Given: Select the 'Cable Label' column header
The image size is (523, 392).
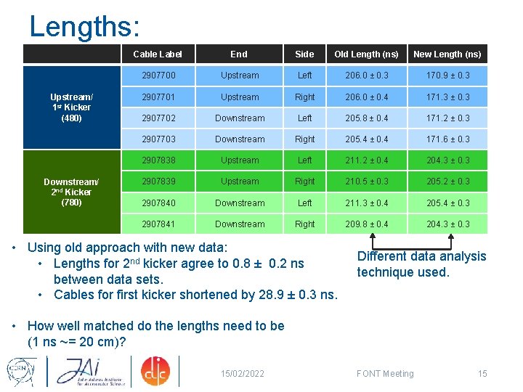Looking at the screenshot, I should tap(158, 54).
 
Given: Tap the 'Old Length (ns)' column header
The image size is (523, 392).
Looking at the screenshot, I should tap(366, 54).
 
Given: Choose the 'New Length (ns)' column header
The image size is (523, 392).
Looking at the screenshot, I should tap(447, 54).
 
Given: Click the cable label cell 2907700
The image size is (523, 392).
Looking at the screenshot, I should tap(158, 75).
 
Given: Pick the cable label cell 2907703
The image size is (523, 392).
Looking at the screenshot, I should tap(158, 139).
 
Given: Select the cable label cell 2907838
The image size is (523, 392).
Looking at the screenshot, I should tap(158, 160).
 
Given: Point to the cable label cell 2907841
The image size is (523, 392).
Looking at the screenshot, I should tap(158, 224).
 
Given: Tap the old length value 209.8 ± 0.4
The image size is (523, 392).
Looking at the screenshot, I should tap(366, 224).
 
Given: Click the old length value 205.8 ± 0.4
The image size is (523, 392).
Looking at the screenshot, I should tap(366, 118).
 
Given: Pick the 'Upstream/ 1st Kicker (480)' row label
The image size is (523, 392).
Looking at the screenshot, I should tap(71, 107).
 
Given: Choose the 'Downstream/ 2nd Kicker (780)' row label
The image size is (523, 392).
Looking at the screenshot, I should tap(71, 192).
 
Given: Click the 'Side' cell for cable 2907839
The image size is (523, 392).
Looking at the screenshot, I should tap(305, 181).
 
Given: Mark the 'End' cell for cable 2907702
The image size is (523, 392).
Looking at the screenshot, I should tap(240, 118).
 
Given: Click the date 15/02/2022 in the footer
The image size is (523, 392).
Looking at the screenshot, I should tap(243, 374).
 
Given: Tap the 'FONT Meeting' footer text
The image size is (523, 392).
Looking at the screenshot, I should tap(385, 374).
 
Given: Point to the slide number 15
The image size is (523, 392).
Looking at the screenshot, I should tap(482, 374).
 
